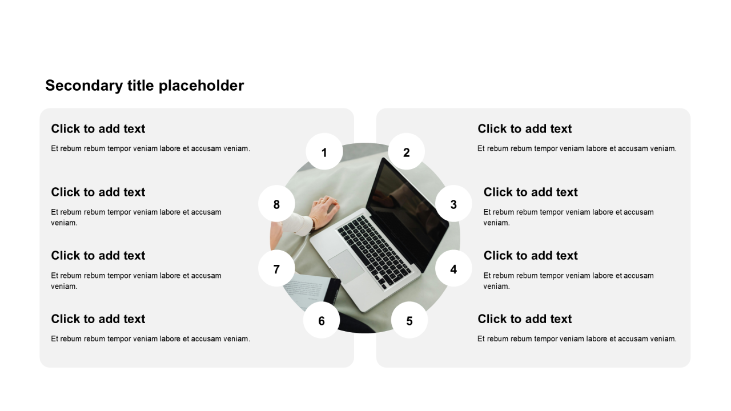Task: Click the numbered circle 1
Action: [324, 151]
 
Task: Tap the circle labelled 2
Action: [406, 151]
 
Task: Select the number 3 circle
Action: [453, 204]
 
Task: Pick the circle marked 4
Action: [453, 268]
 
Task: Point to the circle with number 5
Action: [409, 320]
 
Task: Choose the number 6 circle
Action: [322, 320]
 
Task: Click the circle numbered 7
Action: [276, 268]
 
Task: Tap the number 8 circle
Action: [276, 204]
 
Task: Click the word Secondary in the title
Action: [84, 86]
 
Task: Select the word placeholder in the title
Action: [202, 86]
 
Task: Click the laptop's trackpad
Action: [346, 267]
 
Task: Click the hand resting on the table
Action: [323, 211]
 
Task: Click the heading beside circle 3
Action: [531, 192]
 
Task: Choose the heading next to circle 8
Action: [98, 192]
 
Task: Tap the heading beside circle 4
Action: [531, 255]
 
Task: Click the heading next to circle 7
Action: [98, 255]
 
